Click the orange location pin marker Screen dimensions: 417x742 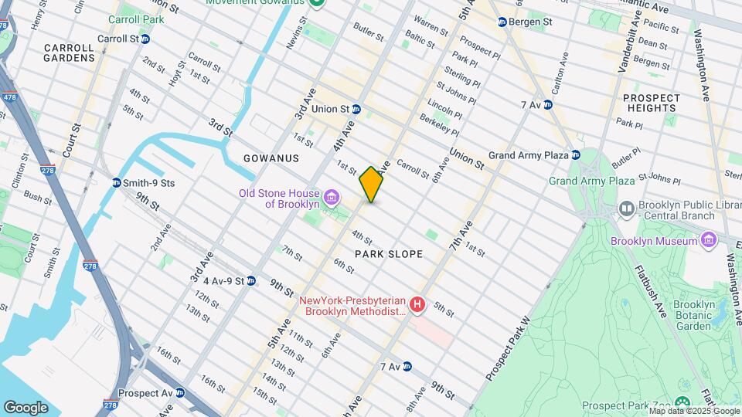(371, 184)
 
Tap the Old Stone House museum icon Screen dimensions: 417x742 (332, 198)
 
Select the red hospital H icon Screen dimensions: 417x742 (418, 306)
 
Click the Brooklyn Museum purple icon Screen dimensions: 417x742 (709, 241)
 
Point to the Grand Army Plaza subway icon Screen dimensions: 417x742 (576, 155)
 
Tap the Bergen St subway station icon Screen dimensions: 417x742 (502, 22)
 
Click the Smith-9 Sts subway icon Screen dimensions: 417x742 (116, 183)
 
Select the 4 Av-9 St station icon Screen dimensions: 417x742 (251, 280)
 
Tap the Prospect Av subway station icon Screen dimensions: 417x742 (180, 393)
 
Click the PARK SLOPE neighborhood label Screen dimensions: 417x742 (389, 254)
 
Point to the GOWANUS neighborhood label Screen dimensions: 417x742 (271, 158)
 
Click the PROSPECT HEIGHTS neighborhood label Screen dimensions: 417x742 (652, 103)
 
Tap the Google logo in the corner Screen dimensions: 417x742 (26, 407)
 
